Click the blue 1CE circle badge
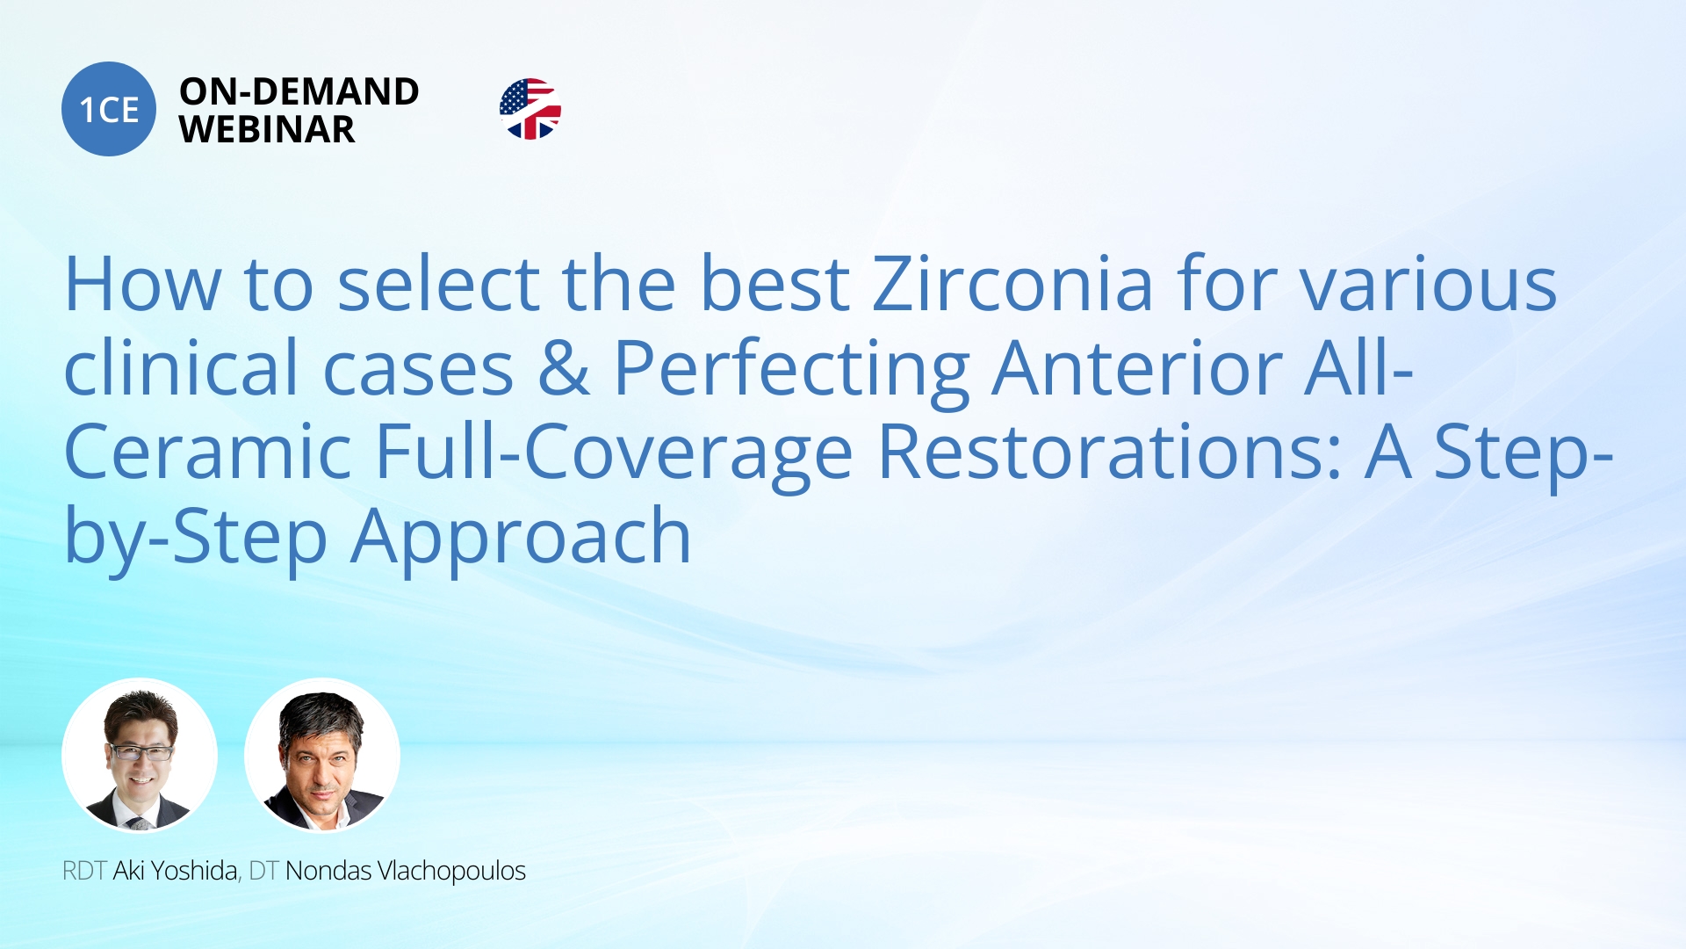109,109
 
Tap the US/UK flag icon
530,109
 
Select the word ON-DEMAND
299,91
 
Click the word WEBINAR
267,130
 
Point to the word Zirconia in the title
1012,285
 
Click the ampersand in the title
563,368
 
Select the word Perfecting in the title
790,370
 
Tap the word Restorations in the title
1109,453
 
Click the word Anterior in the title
1137,368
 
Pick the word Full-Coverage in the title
614,453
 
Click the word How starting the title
142,285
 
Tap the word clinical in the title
181,368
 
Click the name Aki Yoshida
176,871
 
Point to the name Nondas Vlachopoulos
405,871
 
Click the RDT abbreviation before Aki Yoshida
84,871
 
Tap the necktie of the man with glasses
138,823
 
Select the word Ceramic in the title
207,453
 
